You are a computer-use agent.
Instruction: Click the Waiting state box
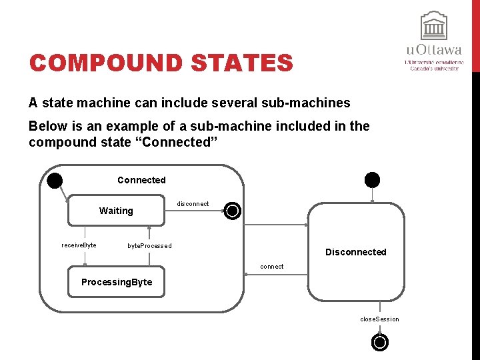click(117, 211)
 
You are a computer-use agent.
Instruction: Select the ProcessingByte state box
click(117, 282)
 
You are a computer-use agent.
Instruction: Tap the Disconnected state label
click(355, 252)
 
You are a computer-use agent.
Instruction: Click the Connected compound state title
click(141, 180)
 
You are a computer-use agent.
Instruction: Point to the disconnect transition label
click(193, 204)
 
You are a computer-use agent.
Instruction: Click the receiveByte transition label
click(79, 245)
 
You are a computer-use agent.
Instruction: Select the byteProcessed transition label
click(149, 246)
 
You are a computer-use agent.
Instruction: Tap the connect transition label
click(272, 267)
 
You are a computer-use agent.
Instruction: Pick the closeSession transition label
click(379, 319)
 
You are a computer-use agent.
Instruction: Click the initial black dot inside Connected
click(55, 180)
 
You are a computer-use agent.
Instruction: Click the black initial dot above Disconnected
click(372, 179)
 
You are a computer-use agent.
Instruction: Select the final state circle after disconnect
click(232, 211)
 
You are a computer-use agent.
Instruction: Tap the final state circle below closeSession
click(379, 343)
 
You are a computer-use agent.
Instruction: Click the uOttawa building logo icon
click(433, 27)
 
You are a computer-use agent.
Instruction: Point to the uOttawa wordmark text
click(433, 50)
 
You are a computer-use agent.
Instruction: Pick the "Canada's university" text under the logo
click(433, 68)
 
